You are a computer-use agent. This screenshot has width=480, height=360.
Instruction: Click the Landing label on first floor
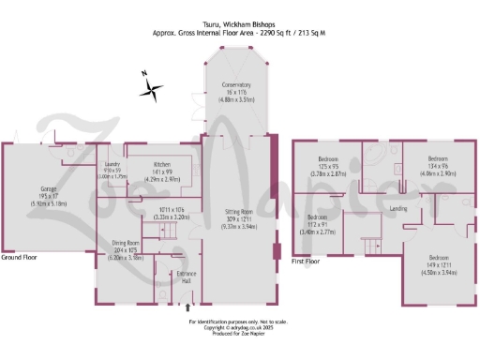coord(397,208)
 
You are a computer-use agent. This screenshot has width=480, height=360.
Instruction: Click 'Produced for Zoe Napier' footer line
coord(239,334)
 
